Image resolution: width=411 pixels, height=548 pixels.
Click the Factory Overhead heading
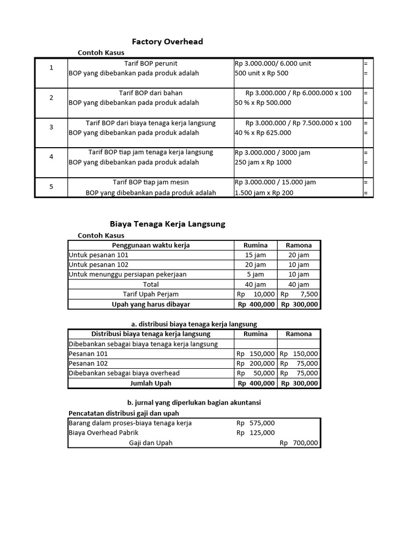click(x=168, y=42)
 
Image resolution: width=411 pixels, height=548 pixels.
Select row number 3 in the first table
click(x=51, y=127)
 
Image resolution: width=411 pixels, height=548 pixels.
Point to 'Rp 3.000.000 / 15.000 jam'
click(x=275, y=182)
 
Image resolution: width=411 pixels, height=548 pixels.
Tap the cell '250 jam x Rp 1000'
click(x=263, y=162)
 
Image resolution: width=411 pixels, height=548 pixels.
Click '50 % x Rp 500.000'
click(x=263, y=103)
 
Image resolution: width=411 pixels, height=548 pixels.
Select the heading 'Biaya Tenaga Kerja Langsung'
click(x=168, y=224)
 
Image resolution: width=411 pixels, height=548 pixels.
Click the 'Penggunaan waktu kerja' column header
click(x=150, y=245)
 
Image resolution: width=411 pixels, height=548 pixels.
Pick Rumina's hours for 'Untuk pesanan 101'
click(x=256, y=255)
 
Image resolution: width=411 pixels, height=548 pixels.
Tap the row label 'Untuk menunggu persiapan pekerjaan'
click(x=127, y=275)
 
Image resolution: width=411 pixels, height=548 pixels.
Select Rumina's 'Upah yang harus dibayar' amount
click(x=256, y=305)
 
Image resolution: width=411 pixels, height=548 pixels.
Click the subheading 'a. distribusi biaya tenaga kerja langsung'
click(x=194, y=324)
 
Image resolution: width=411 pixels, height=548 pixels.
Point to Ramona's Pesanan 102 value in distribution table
click(x=299, y=363)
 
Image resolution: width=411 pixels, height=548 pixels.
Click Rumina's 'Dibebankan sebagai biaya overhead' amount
click(x=256, y=373)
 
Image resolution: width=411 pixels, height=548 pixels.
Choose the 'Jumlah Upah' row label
click(x=150, y=383)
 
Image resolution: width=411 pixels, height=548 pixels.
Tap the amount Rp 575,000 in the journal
click(x=256, y=423)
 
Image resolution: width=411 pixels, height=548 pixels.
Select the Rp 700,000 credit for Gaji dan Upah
click(x=299, y=443)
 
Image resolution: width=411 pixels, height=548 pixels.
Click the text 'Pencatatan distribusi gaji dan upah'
click(x=124, y=413)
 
